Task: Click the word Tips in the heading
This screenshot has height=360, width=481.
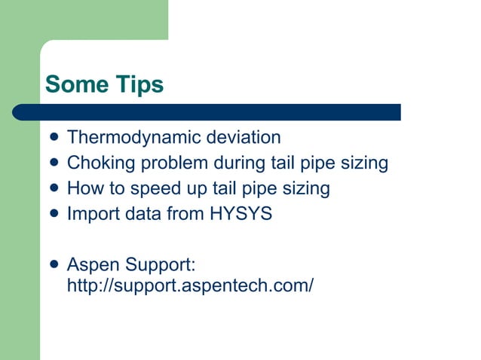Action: (x=139, y=85)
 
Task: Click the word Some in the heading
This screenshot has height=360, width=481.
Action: (x=76, y=85)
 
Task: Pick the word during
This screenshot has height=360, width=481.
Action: (x=239, y=163)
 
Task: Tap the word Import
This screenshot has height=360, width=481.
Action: (x=88, y=214)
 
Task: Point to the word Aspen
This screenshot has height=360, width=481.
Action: (x=93, y=265)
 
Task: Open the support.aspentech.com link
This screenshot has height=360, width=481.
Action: (x=190, y=286)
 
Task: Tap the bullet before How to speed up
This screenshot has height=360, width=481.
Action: (x=51, y=188)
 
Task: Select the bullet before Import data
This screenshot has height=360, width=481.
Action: (x=51, y=214)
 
